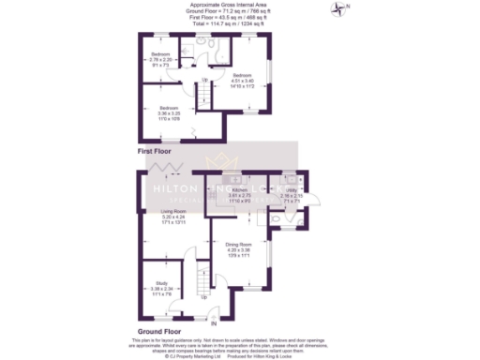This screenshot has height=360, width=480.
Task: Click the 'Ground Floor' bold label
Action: pos(160,331)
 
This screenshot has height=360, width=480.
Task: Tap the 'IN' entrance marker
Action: pos(214,322)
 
